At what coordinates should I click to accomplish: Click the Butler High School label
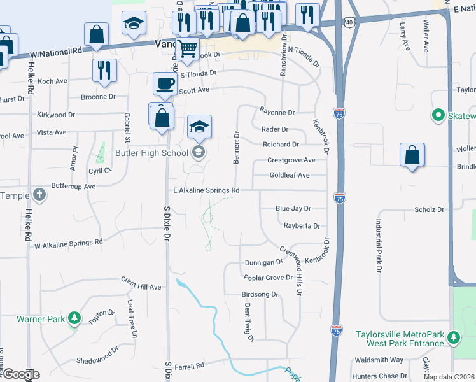(x=151, y=153)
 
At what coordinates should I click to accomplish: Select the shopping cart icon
(x=187, y=48)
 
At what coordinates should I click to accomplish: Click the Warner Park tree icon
(x=74, y=318)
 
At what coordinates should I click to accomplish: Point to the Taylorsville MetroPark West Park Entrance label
(x=400, y=338)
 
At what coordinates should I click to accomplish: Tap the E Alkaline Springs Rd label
(x=206, y=190)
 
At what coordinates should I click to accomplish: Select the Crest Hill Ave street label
(x=141, y=287)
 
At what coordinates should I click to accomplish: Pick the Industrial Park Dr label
(x=378, y=246)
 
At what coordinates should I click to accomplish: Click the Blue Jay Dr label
(x=293, y=208)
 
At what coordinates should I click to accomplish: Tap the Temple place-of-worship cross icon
(x=39, y=195)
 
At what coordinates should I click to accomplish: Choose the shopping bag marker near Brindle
(x=412, y=155)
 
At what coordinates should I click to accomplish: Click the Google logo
(x=20, y=374)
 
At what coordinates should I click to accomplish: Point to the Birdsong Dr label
(x=260, y=295)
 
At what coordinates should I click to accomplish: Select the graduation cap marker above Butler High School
(x=199, y=127)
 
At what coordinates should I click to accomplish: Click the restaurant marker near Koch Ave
(x=104, y=70)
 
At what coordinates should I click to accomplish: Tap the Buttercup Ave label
(x=73, y=187)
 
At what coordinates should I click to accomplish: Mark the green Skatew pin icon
(x=438, y=116)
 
